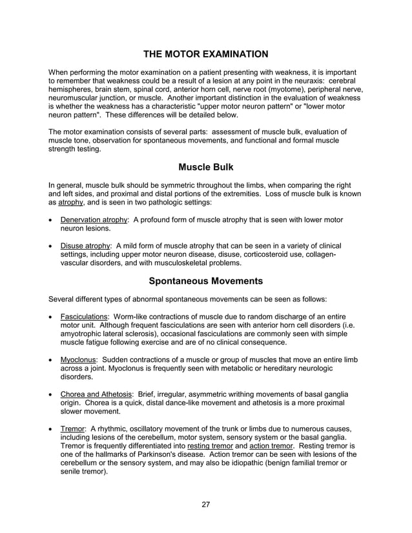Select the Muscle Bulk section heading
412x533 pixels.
[205, 167]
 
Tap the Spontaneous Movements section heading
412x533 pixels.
[205, 281]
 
